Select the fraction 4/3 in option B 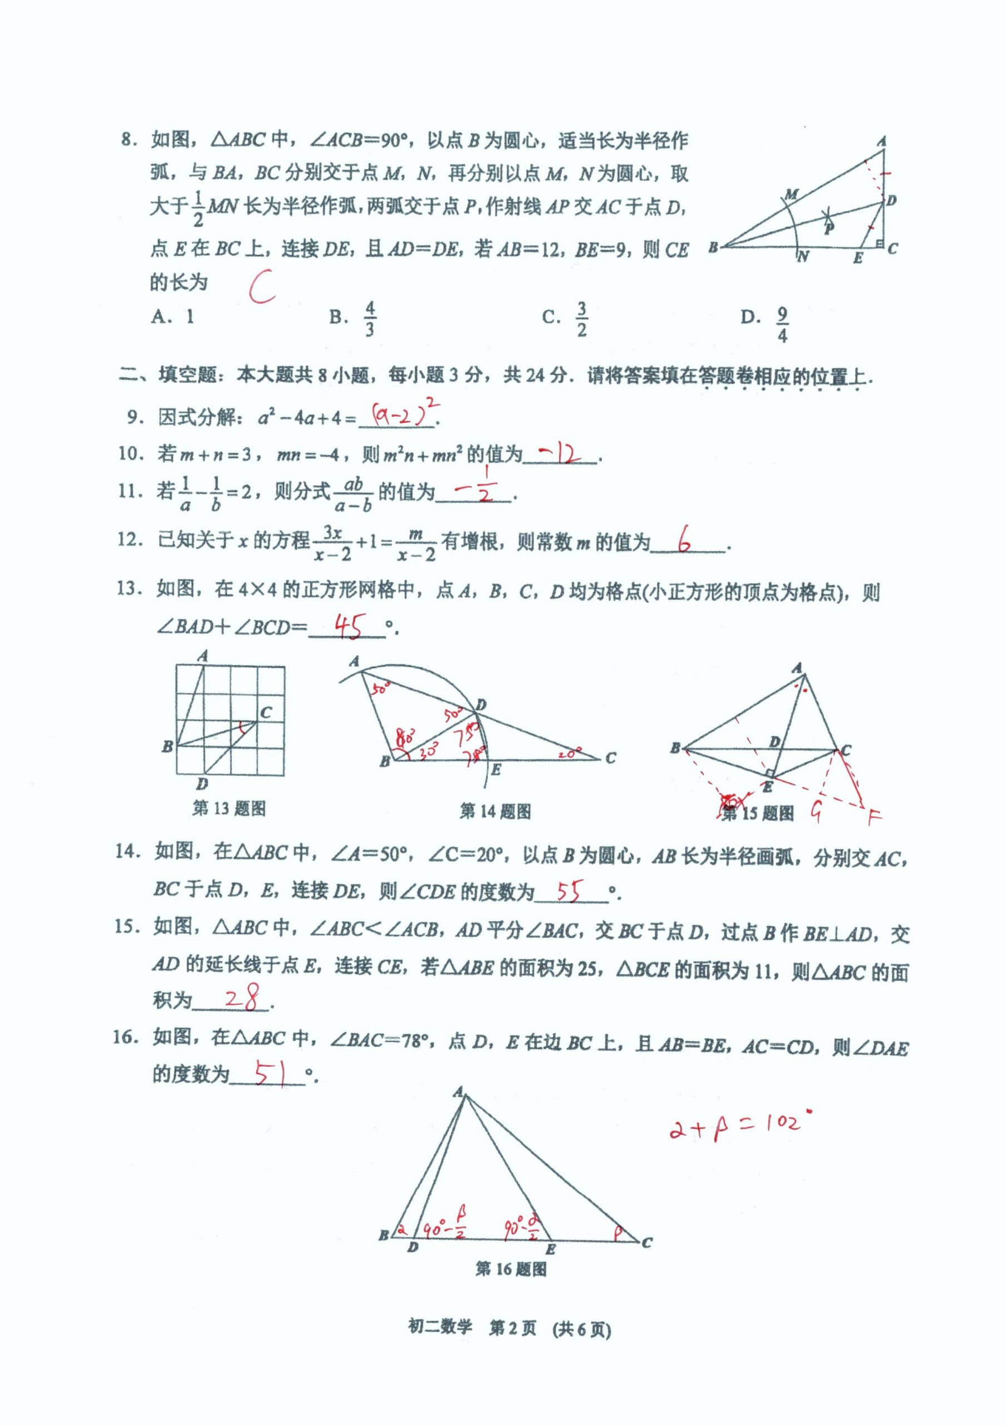pos(369,319)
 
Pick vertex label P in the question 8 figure pos(828,228)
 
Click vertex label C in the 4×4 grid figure pos(266,712)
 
